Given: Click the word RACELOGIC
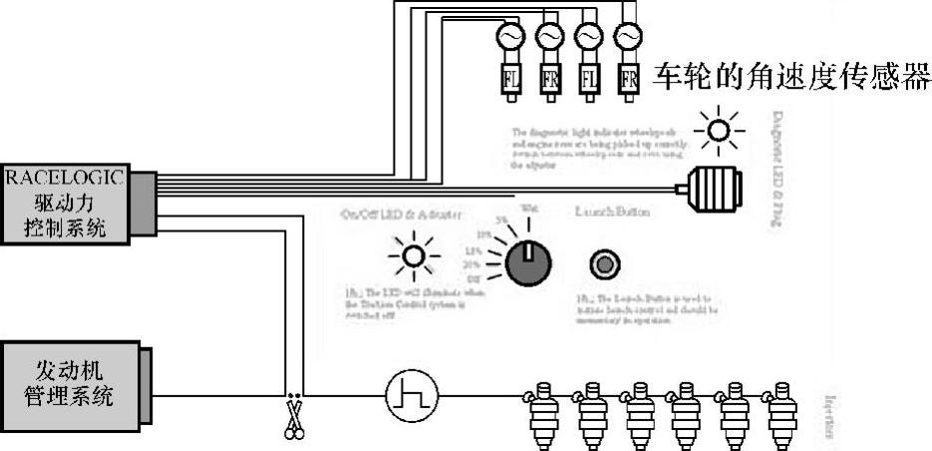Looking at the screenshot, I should click(66, 178).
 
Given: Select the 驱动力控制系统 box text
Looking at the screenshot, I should click(66, 217).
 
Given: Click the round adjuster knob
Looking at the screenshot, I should click(527, 261).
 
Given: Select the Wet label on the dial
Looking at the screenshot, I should click(531, 208).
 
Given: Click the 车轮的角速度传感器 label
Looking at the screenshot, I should click(790, 77).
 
